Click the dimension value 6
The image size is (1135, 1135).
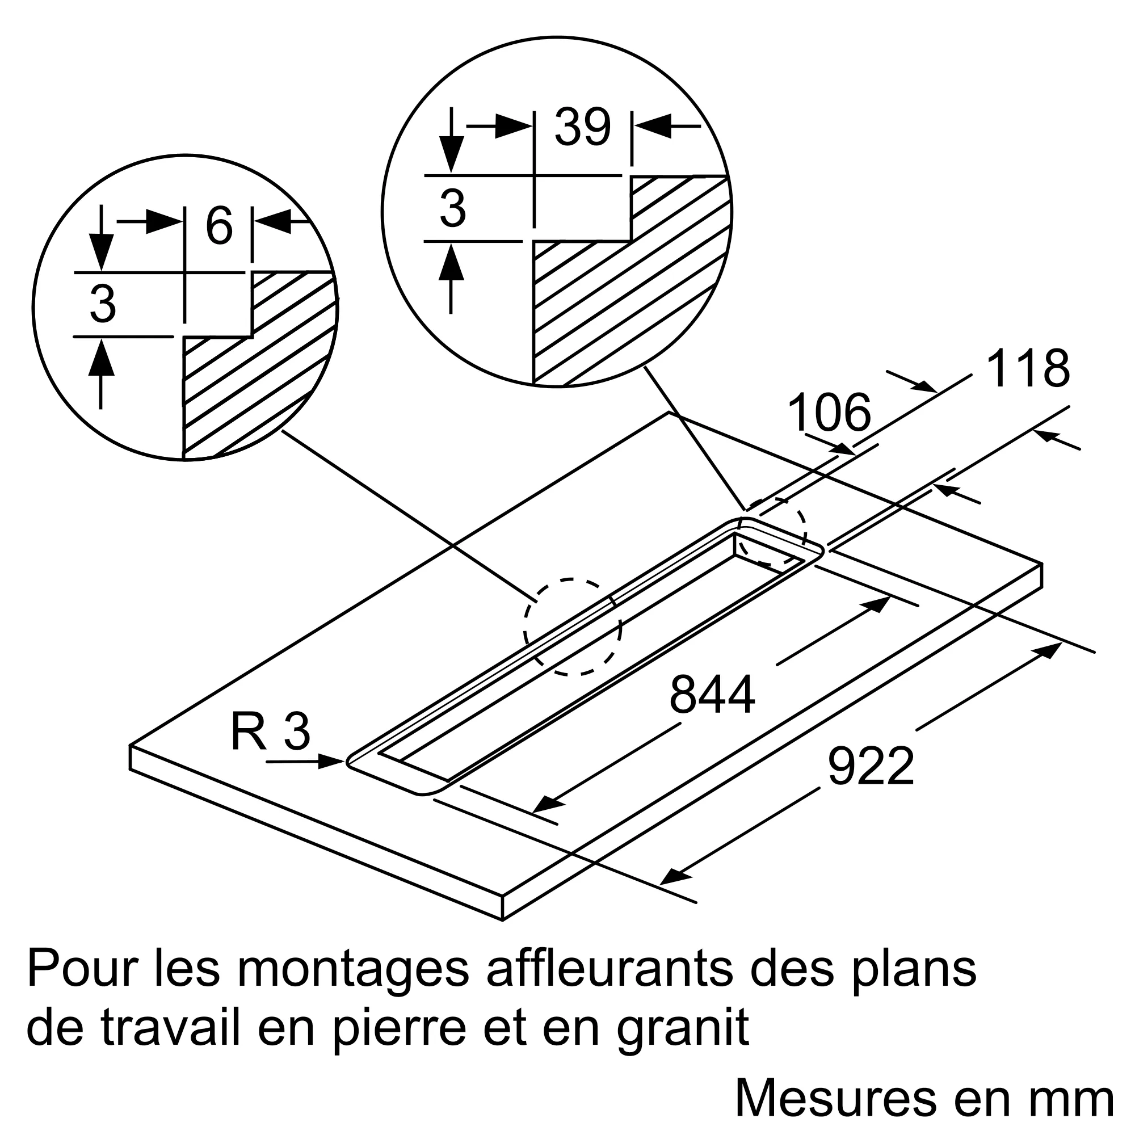pos(218,226)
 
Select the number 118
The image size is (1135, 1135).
pos(1028,369)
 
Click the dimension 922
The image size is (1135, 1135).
pos(871,766)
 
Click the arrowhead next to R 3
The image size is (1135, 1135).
pos(332,762)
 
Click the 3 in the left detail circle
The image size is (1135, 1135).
pos(103,305)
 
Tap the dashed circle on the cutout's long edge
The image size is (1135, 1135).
pos(573,627)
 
